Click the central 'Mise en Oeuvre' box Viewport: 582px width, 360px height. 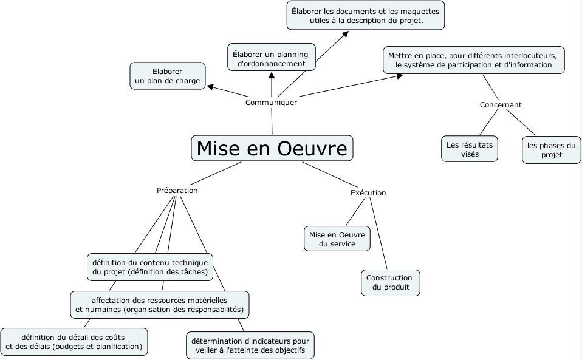click(272, 148)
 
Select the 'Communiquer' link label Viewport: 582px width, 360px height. click(271, 103)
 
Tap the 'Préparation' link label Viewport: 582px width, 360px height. click(177, 190)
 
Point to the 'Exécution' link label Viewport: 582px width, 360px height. click(368, 193)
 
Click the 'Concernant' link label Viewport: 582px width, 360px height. click(501, 105)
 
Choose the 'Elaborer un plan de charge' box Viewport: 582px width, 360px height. click(168, 76)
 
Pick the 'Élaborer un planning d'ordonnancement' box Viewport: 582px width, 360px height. click(272, 58)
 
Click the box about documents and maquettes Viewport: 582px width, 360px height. click(366, 16)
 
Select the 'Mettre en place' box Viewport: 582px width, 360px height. click(473, 60)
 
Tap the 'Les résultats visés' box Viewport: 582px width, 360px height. click(470, 149)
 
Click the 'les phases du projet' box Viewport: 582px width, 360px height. click(551, 150)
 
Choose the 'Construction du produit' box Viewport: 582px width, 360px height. click(391, 283)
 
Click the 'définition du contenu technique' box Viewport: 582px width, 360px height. click(150, 267)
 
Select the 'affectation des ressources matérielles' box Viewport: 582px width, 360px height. click(159, 305)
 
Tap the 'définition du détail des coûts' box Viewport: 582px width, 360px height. click(74, 342)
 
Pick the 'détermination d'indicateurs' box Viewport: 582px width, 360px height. click(250, 345)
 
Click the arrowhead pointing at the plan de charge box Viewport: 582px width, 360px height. click(210, 87)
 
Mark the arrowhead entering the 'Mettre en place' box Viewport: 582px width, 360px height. click(399, 76)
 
